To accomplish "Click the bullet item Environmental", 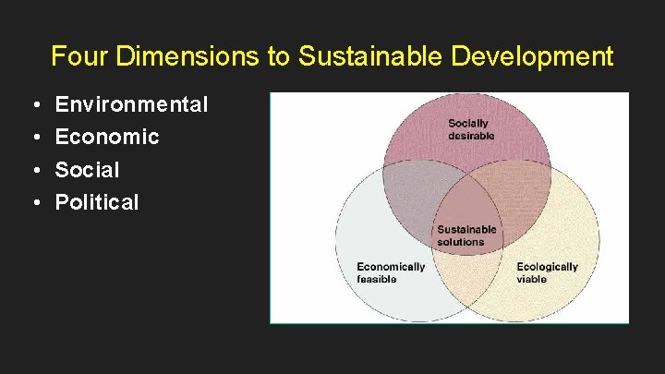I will pyautogui.click(x=131, y=105).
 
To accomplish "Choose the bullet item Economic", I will pyautogui.click(x=107, y=138).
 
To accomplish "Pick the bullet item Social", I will pyautogui.click(x=88, y=170).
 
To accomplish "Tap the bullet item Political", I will pyautogui.click(x=97, y=202).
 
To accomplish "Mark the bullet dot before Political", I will pyautogui.click(x=32, y=203).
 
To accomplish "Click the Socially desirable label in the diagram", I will pyautogui.click(x=471, y=129).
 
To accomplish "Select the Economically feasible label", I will pyautogui.click(x=392, y=272).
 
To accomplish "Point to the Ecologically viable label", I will pyautogui.click(x=547, y=272).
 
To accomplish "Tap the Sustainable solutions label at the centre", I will pyautogui.click(x=466, y=235).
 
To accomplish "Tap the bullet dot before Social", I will pyautogui.click(x=32, y=171).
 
